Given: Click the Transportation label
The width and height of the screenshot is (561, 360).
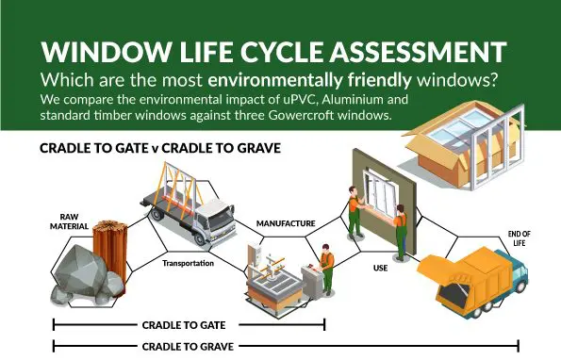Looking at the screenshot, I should [x=189, y=263].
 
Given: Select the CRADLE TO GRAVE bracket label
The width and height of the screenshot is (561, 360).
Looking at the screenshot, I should [x=189, y=346].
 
